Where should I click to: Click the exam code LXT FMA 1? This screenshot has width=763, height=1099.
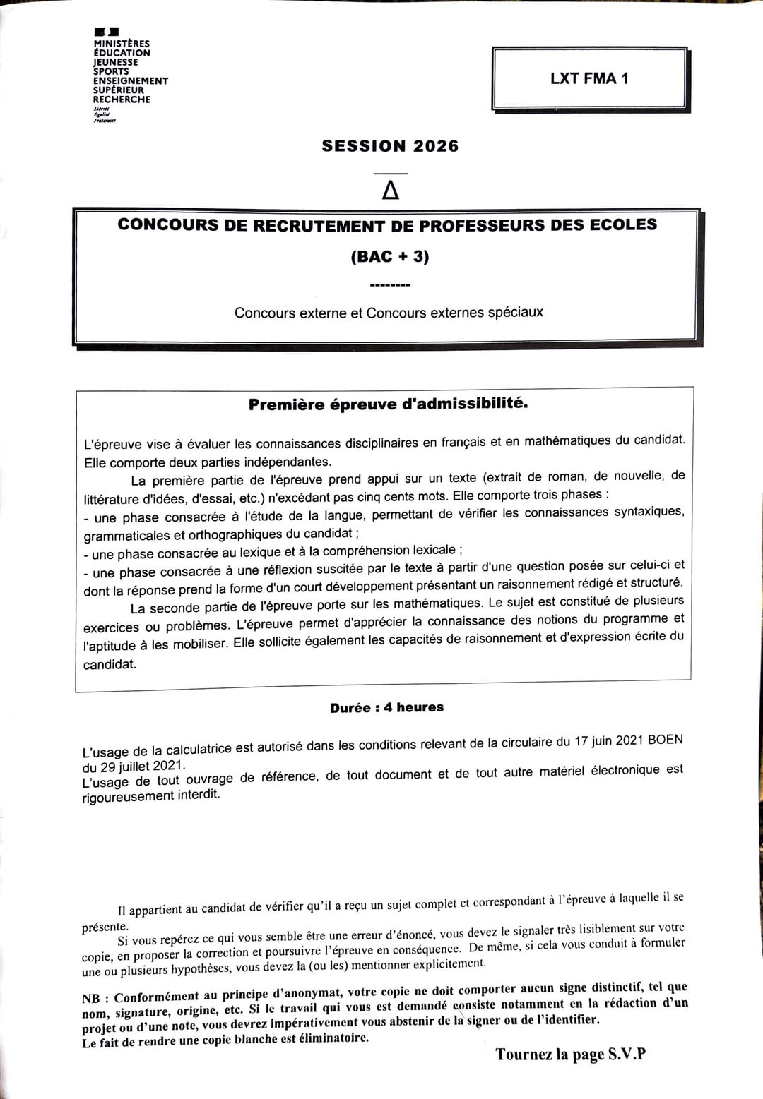589,79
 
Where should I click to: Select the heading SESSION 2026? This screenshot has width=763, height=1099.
390,146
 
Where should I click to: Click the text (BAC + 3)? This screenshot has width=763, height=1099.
390,256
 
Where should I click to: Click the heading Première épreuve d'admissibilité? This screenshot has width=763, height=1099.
388,404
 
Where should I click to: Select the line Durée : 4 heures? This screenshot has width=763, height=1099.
386,707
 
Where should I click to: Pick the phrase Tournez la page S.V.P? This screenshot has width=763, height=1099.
570,1055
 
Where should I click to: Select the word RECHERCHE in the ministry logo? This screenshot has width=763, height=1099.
122,100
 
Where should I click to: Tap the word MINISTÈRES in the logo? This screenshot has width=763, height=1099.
122,44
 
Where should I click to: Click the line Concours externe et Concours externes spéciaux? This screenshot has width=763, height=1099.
389,312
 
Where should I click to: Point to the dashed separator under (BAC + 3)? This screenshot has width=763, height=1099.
390,286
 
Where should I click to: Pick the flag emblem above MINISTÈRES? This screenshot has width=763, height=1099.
106,32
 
